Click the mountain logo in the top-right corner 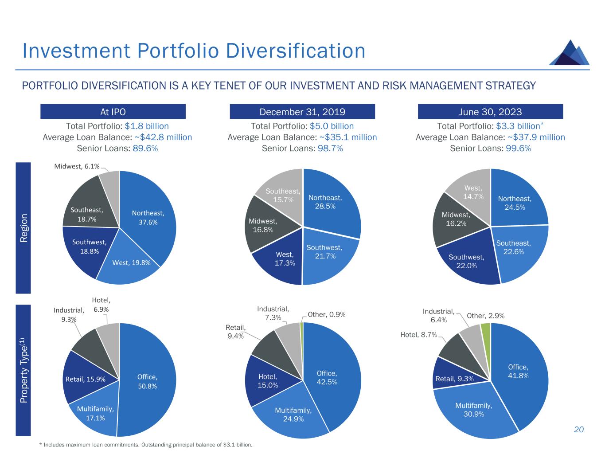[x=570, y=54]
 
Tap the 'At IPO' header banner [x=113, y=112]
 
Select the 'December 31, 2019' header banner [x=302, y=112]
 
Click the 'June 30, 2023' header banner [x=490, y=112]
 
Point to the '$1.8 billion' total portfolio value [x=147, y=126]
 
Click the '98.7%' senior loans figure [x=330, y=149]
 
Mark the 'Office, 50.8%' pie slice [x=147, y=381]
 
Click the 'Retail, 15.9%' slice [x=86, y=380]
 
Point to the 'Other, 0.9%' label [x=326, y=315]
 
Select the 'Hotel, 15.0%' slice [x=268, y=381]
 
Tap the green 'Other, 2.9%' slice [x=486, y=329]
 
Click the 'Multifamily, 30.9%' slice [x=473, y=410]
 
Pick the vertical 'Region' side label [x=23, y=228]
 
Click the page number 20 [x=579, y=430]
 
